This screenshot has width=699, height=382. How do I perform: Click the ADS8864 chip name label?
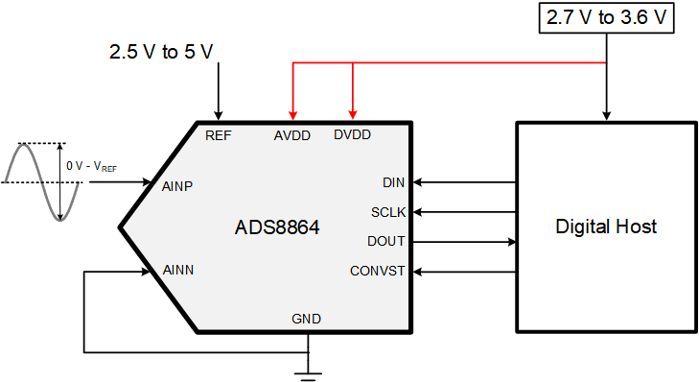pyautogui.click(x=276, y=228)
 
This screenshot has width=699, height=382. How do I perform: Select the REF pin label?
pyautogui.click(x=219, y=135)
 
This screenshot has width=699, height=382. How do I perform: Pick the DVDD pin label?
pyautogui.click(x=352, y=135)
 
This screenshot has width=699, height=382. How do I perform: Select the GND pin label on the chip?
pyautogui.click(x=307, y=319)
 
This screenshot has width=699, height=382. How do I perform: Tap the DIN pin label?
pyautogui.click(x=393, y=182)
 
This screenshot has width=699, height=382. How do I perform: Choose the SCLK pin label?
pyautogui.click(x=388, y=212)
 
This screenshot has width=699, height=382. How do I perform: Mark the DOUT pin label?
pyautogui.click(x=386, y=241)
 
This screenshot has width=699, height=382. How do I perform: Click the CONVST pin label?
pyautogui.click(x=378, y=271)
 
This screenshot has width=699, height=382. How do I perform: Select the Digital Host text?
pyautogui.click(x=606, y=227)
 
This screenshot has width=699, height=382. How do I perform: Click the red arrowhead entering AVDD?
pyautogui.click(x=293, y=115)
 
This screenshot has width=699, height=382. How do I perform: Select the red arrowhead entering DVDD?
pyautogui.click(x=353, y=115)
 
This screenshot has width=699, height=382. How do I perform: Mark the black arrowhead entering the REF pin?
pyautogui.click(x=220, y=115)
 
